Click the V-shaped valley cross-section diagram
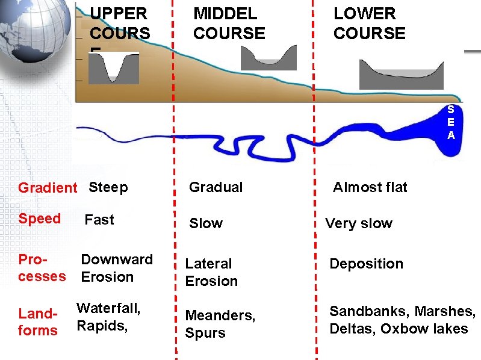pyautogui.click(x=114, y=67)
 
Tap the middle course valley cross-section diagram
pyautogui.click(x=268, y=58)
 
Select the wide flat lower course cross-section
pyautogui.click(x=401, y=75)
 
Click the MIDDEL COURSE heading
pyautogui.click(x=229, y=23)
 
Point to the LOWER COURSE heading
pyautogui.click(x=370, y=23)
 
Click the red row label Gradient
pyautogui.click(x=48, y=188)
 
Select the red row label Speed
pyautogui.click(x=40, y=219)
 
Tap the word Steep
pyautogui.click(x=108, y=187)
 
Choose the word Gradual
pyautogui.click(x=216, y=187)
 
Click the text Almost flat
pyautogui.click(x=370, y=187)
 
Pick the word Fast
pyautogui.click(x=99, y=220)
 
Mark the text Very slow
pyautogui.click(x=359, y=223)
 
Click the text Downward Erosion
pyautogui.click(x=117, y=268)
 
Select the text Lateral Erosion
pyautogui.click(x=211, y=272)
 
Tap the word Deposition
pyautogui.click(x=366, y=264)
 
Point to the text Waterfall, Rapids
pyautogui.click(x=108, y=317)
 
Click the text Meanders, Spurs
pyautogui.click(x=220, y=324)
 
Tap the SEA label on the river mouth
pyautogui.click(x=451, y=123)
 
